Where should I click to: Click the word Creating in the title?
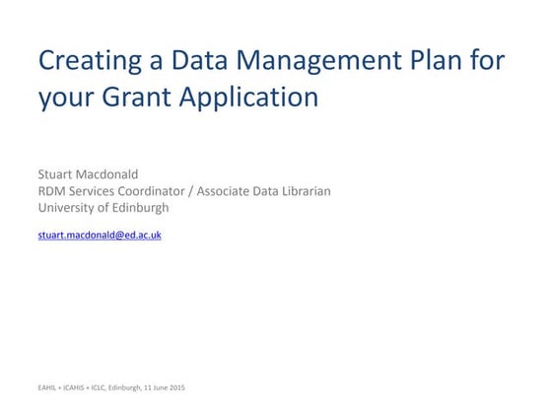click(83, 61)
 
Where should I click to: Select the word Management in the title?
click(311, 61)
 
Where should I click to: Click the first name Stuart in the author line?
click(56, 174)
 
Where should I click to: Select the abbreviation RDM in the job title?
click(53, 191)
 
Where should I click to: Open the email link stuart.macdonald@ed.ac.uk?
click(99, 236)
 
